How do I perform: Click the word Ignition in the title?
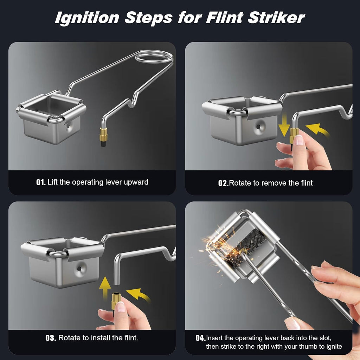coord(87,18)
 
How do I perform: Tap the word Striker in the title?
coord(276,18)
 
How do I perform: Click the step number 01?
coord(41,182)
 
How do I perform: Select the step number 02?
coord(223,183)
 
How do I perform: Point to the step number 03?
coord(51,338)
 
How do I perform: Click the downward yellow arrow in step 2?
coord(284,126)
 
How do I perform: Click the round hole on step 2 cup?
coord(258,127)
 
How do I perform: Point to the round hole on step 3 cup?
coord(79,269)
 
